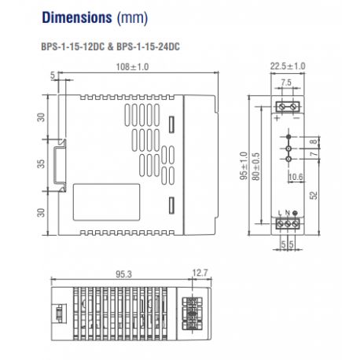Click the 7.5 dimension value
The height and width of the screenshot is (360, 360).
point(288,83)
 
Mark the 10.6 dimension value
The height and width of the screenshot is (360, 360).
point(296,177)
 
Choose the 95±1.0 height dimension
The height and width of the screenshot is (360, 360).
point(243,167)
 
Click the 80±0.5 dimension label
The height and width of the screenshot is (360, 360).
point(255,167)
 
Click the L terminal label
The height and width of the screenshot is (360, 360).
point(281,215)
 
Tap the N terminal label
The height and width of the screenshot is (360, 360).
point(287,215)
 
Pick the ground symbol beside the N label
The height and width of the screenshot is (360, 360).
point(294,215)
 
